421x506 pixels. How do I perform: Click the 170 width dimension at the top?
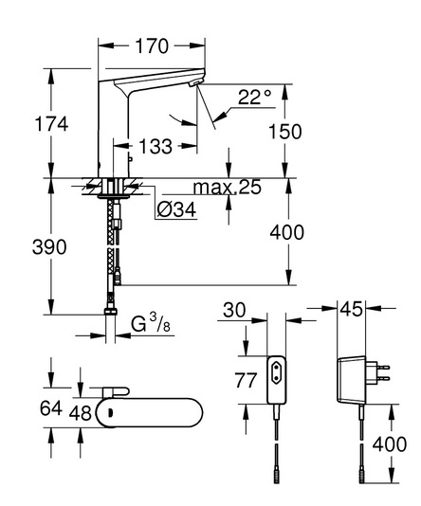(152, 45)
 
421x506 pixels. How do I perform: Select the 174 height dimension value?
(51, 124)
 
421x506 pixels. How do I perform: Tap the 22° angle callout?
(255, 97)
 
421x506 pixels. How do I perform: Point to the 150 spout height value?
(285, 132)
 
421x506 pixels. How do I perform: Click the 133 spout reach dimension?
(156, 147)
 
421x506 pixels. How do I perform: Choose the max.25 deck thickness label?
(228, 187)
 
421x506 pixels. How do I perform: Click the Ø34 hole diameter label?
(176, 209)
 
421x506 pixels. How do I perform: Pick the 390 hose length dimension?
(49, 247)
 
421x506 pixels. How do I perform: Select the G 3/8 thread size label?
(151, 323)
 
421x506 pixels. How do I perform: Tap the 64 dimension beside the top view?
(50, 408)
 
